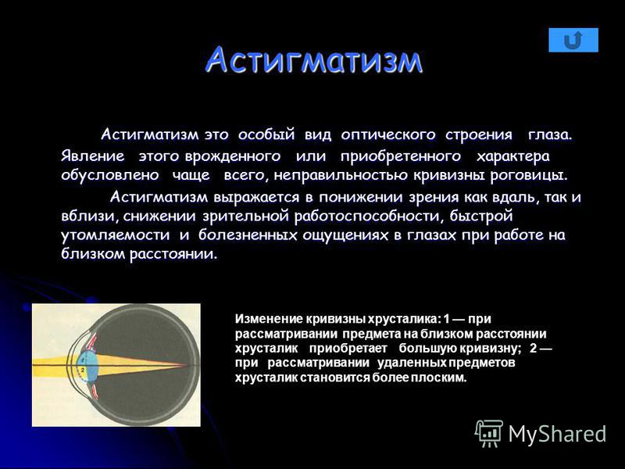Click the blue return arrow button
pos(573,40)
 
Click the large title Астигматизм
pos(314,60)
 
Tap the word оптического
pos(387,134)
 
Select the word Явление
pos(92,156)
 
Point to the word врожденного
pos(233,156)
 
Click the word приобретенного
pos(401,156)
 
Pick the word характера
pos(513,156)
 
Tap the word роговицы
pos(529,175)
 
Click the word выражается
pos(256,197)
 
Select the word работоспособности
pos(369,216)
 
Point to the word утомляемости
pos(115,234)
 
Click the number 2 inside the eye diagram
pos(83,370)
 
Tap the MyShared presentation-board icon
pos(489,433)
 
